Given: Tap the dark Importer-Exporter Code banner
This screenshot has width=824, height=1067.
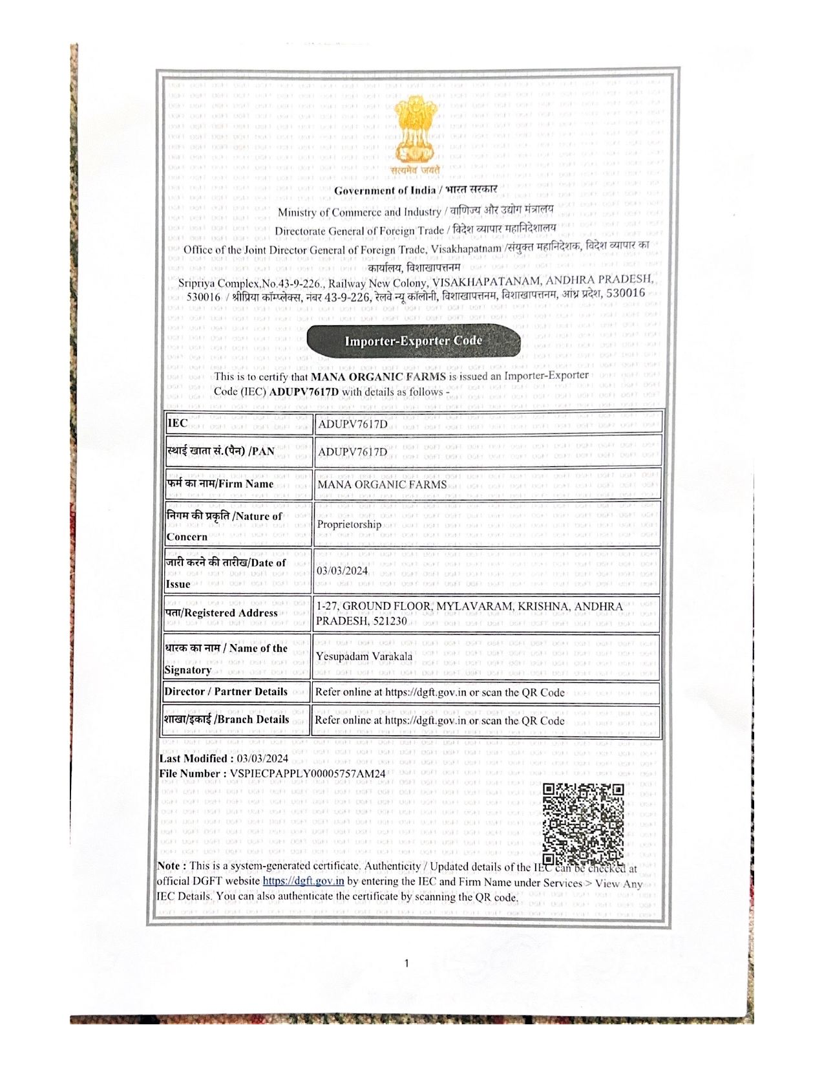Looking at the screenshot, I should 414,341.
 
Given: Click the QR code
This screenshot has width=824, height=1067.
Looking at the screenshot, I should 583,823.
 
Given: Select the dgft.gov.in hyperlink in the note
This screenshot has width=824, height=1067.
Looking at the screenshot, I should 303,881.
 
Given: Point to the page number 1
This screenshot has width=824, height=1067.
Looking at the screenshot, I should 407,963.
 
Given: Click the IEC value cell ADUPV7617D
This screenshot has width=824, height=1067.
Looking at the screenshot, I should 353,424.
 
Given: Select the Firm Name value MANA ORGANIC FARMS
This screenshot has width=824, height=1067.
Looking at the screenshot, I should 382,484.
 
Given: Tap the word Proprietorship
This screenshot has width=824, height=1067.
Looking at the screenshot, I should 349,524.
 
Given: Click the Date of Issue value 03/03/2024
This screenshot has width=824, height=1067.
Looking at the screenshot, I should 342,570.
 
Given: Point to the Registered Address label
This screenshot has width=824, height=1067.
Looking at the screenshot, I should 222,612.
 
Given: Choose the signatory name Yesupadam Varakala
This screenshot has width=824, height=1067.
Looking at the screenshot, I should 364,656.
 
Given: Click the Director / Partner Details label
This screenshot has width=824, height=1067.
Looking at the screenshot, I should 226,691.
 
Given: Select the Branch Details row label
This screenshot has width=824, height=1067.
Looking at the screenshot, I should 226,719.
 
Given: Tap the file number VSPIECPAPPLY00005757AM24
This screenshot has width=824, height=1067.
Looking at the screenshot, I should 308,773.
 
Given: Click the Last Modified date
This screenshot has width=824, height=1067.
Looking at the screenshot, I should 262,759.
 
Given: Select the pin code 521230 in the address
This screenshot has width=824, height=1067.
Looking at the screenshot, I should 390,621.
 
